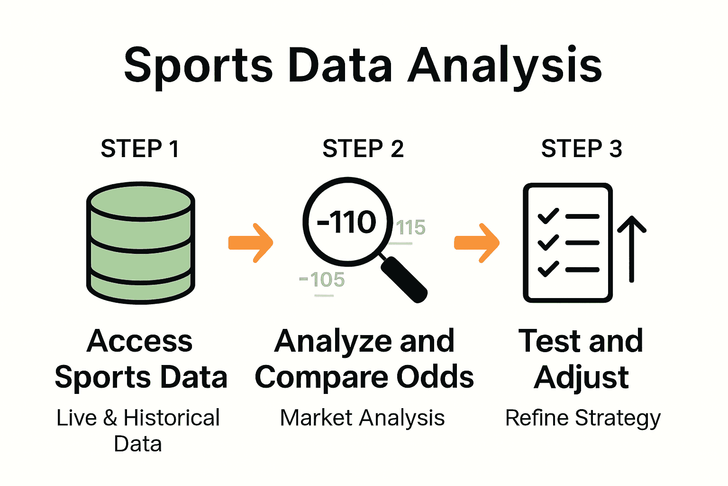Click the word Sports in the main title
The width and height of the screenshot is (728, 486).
click(x=198, y=65)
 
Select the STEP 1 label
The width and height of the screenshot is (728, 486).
click(x=140, y=149)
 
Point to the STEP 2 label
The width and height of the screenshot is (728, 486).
click(x=363, y=149)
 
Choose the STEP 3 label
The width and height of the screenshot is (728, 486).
click(x=582, y=149)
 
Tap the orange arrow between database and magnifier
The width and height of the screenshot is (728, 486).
click(x=251, y=243)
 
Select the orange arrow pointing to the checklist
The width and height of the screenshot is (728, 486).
click(x=477, y=243)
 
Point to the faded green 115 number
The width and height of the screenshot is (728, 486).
click(x=410, y=228)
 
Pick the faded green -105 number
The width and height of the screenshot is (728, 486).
click(x=322, y=280)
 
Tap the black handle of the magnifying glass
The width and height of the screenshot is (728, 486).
click(x=404, y=279)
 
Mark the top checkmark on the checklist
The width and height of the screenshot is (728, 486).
click(x=548, y=216)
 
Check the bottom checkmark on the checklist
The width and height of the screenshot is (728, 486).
click(x=548, y=269)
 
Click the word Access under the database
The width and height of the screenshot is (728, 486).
click(x=140, y=341)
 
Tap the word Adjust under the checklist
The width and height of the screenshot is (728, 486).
click(x=582, y=377)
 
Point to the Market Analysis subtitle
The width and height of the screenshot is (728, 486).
click(x=363, y=418)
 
